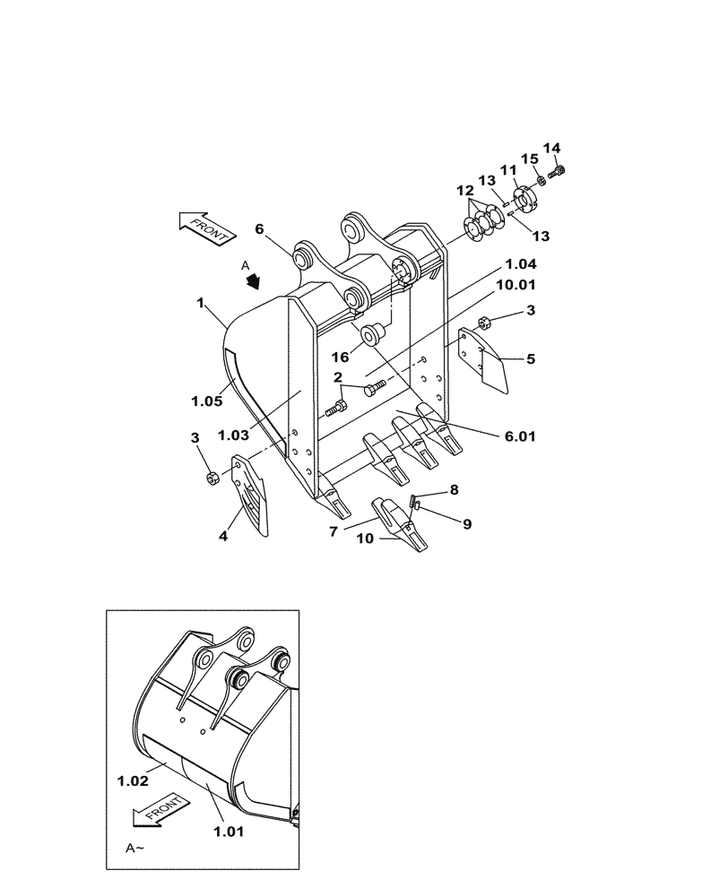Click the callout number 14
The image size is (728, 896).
550,148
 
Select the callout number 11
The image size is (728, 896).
508,169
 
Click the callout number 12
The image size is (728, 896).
464,191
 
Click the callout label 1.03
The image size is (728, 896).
235,435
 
